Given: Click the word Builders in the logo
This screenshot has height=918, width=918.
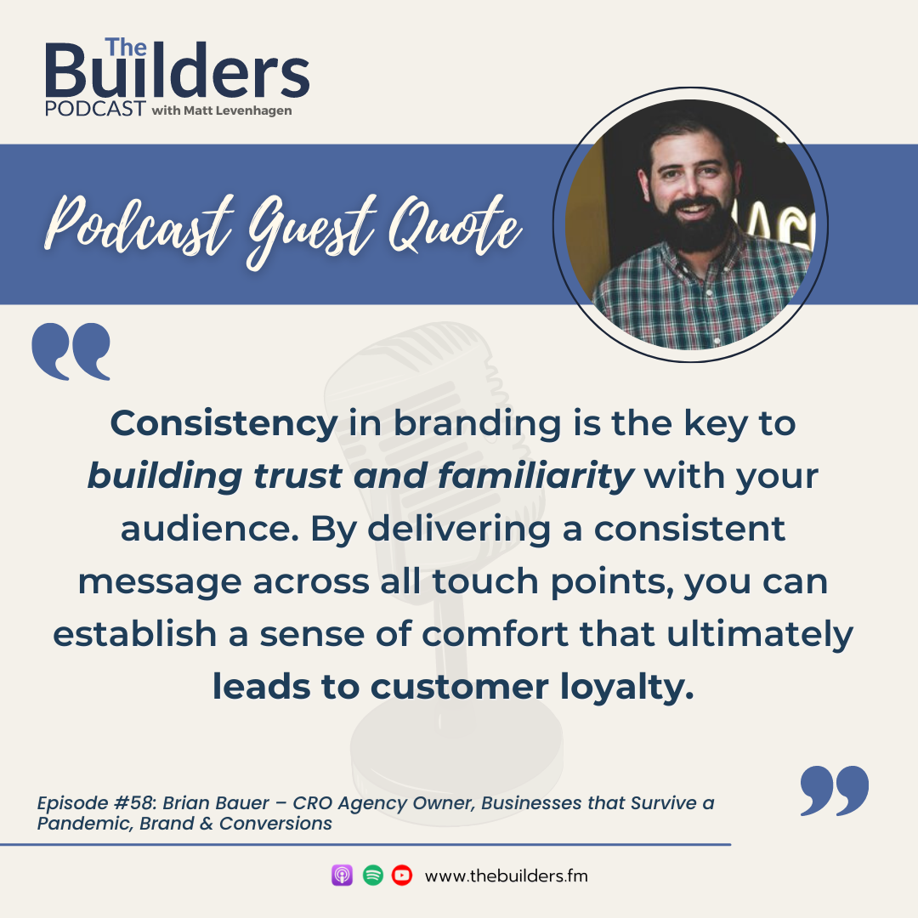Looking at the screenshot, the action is [x=177, y=71].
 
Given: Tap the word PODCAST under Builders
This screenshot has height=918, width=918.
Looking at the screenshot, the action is [x=95, y=109].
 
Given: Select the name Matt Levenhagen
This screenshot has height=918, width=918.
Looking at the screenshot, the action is [x=238, y=110].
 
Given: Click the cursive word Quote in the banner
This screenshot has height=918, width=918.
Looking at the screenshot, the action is [x=456, y=225].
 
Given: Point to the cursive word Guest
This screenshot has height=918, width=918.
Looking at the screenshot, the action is [x=310, y=229].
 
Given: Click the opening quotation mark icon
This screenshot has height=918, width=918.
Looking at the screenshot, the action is [x=71, y=351].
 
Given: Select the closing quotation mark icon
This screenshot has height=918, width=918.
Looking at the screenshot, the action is [x=835, y=790].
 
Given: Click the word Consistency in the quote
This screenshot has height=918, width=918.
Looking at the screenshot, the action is [x=224, y=423].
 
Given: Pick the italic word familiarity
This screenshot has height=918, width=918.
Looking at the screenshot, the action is [x=535, y=475].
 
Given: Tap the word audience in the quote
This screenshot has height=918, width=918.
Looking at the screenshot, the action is [x=206, y=529].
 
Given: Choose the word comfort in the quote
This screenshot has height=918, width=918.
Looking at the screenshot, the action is [x=495, y=634].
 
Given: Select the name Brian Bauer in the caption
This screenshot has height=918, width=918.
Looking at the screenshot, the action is [x=216, y=802].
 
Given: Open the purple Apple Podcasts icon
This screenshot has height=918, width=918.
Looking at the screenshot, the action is [x=342, y=875].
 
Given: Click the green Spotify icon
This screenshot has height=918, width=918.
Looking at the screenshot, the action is [x=373, y=875].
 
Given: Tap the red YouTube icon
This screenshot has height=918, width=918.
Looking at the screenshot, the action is [x=402, y=875].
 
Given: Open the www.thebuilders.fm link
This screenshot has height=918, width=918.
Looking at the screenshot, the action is [x=506, y=875].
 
